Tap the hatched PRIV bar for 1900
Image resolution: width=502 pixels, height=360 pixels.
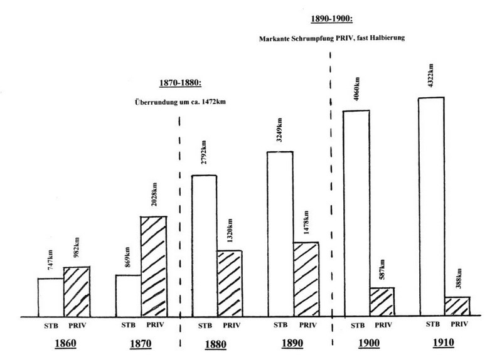382,301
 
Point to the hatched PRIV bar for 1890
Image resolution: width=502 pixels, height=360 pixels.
306,278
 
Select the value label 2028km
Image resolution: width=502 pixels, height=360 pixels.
154,198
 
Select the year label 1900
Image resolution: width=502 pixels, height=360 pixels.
370,344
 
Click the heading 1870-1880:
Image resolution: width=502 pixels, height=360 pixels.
178,83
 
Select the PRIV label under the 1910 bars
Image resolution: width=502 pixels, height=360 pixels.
459,324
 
